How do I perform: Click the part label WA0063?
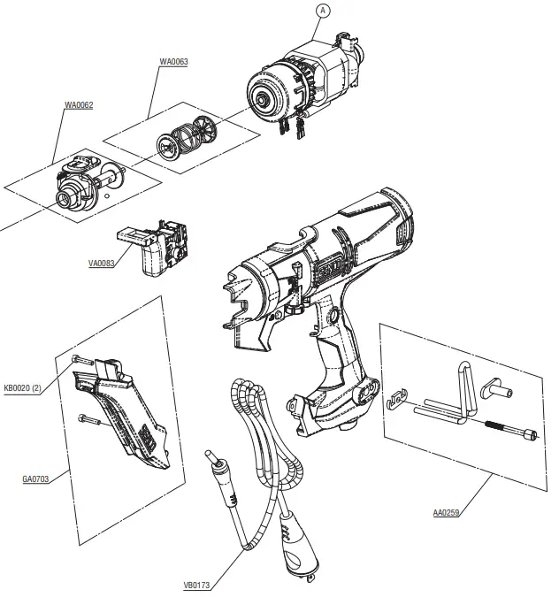(x=173, y=62)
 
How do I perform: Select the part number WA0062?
(x=79, y=105)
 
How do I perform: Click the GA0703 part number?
(x=35, y=479)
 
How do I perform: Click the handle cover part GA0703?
(x=128, y=416)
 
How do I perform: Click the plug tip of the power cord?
(x=211, y=460)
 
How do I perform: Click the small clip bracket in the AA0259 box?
(x=399, y=401)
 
